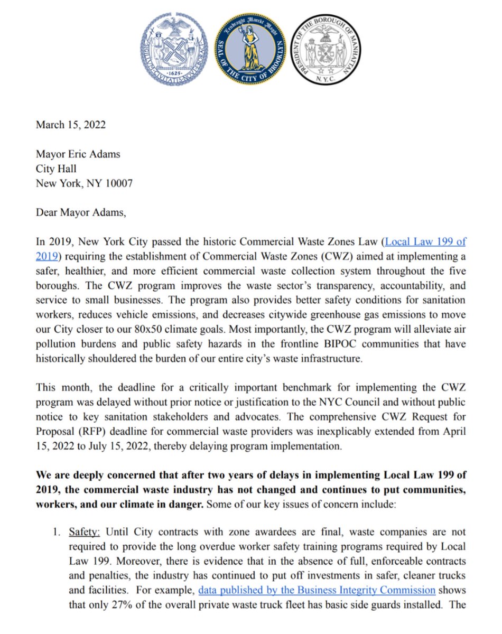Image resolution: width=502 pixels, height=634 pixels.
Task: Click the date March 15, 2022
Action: click(x=70, y=125)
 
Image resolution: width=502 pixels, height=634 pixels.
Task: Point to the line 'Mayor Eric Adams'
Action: click(x=78, y=154)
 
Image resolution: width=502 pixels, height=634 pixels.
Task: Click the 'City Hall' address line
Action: click(x=56, y=169)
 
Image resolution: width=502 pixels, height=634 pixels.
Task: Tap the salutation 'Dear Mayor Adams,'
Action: click(x=81, y=213)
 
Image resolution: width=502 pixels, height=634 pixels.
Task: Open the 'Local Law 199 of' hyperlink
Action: click(x=425, y=243)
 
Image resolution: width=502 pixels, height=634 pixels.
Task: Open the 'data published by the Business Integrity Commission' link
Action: click(x=317, y=590)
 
